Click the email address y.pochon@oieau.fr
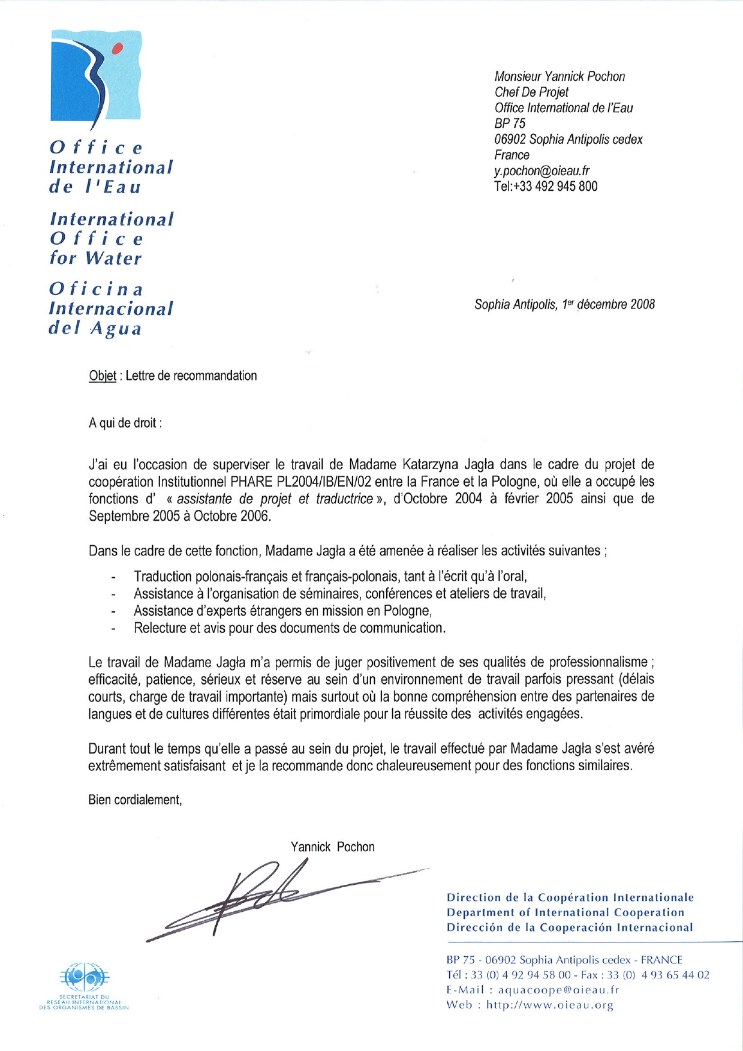click(x=542, y=170)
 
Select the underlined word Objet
click(x=103, y=376)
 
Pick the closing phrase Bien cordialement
click(x=135, y=800)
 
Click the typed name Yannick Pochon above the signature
click(x=332, y=847)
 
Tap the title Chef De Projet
click(x=531, y=92)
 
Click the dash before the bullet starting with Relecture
click(x=113, y=629)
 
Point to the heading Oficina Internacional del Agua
click(x=110, y=309)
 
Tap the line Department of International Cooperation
click(x=565, y=912)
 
